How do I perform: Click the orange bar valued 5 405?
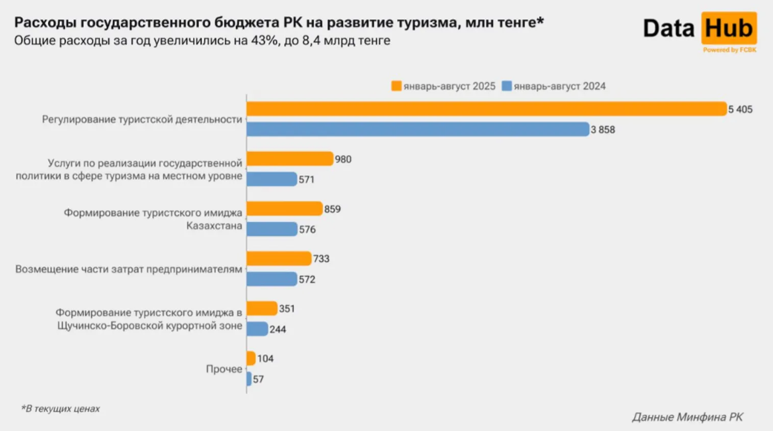486,109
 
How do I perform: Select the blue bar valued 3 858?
417,130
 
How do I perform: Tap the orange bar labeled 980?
289,159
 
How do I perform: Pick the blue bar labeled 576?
271,229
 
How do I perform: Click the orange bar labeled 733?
279,259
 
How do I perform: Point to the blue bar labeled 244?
257,329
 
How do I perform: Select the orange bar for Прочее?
251,359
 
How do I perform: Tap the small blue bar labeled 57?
249,379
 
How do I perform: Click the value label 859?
332,209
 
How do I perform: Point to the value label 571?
307,180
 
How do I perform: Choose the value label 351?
287,309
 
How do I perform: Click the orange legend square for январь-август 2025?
396,86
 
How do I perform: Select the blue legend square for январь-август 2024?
507,86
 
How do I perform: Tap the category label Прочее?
224,369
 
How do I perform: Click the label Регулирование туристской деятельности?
142,119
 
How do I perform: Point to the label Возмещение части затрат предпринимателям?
129,269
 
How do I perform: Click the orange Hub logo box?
729,29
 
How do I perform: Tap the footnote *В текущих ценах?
60,409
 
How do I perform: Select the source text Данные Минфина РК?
687,417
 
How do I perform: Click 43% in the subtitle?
264,40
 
